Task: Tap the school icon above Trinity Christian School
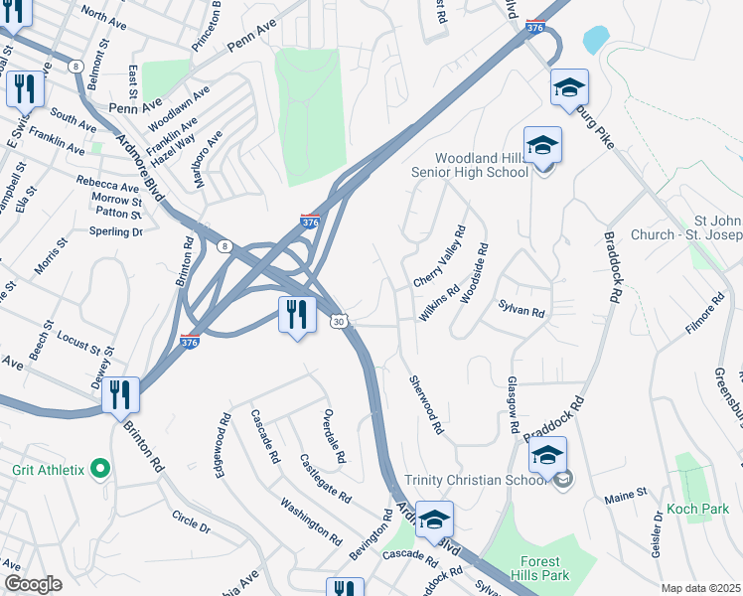pos(547,457)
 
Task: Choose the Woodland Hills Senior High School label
pos(471,165)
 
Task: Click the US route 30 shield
pos(341,321)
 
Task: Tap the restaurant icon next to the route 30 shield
pos(297,315)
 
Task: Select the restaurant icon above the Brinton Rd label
pos(120,394)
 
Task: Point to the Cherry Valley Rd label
pos(438,257)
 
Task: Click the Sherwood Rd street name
pos(425,408)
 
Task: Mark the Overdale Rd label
pos(334,437)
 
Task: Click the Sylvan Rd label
pos(522,312)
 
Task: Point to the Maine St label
pos(628,491)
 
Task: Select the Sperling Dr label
pos(116,231)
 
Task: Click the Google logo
pos(33,584)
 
